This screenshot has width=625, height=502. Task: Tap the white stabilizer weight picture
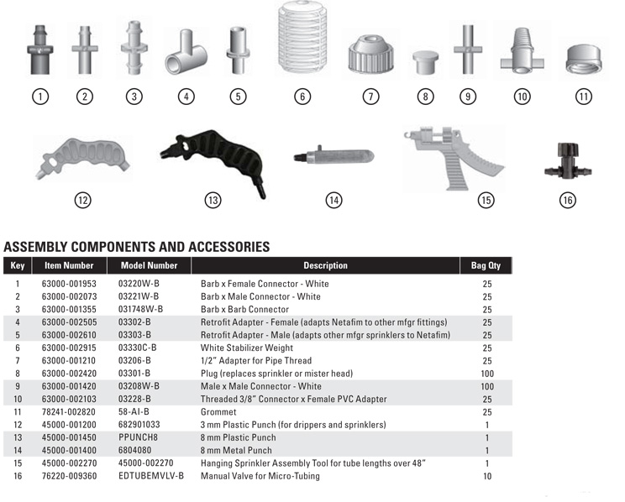[x=302, y=42]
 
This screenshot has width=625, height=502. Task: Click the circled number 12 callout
[x=82, y=200]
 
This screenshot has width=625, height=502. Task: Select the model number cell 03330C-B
[x=137, y=348]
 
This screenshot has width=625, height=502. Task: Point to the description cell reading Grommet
[x=217, y=412]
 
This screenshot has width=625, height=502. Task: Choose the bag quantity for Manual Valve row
[x=486, y=476]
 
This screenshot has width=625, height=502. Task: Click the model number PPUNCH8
[x=138, y=437]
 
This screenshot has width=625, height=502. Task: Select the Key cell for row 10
[x=17, y=399]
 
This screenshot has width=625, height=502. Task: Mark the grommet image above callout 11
[x=583, y=59]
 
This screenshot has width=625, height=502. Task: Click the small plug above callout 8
[x=426, y=61]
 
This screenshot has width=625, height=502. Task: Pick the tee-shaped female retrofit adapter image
[x=186, y=54]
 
